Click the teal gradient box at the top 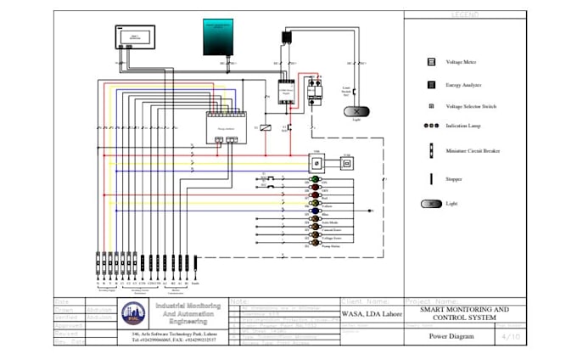click(x=222, y=37)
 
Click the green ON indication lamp click(x=314, y=183)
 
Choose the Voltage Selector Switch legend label click(x=471, y=106)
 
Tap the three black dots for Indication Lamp click(x=430, y=126)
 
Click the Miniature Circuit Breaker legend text click(x=473, y=151)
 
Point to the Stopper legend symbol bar click(x=431, y=179)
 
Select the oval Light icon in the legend click(x=431, y=204)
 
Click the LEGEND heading click(x=464, y=14)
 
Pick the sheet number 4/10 click(x=512, y=336)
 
